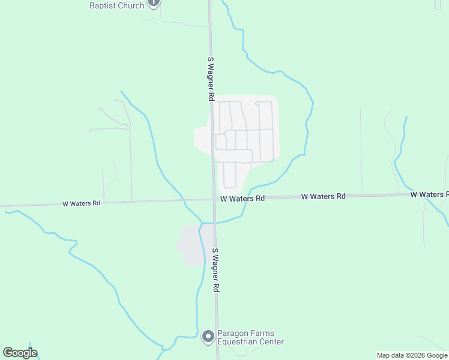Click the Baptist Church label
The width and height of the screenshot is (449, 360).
click(x=116, y=5)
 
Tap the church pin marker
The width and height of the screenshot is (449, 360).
click(x=154, y=3)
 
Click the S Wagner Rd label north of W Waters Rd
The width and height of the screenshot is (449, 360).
click(x=211, y=79)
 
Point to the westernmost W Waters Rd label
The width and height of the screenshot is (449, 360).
click(x=81, y=203)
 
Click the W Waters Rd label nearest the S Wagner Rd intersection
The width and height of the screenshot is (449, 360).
click(x=243, y=198)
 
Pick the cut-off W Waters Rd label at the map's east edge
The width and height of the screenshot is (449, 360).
click(x=429, y=194)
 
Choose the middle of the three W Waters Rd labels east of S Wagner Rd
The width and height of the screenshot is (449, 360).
click(x=324, y=196)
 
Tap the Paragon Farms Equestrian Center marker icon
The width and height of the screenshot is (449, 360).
click(x=208, y=337)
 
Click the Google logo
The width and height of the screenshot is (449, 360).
click(x=20, y=353)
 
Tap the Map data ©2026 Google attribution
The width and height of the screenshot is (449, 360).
click(x=412, y=355)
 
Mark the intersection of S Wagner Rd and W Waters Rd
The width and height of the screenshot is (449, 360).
click(x=214, y=199)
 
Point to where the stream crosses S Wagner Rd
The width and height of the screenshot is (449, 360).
click(x=214, y=222)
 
